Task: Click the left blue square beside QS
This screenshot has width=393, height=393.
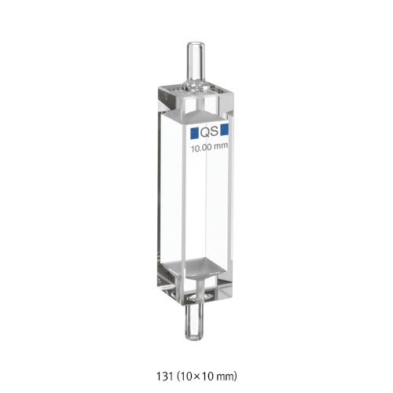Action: [194, 133]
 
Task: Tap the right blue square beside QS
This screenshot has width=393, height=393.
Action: [225, 130]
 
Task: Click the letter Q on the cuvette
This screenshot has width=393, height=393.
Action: [204, 132]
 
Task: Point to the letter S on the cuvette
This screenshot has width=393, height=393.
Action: [214, 132]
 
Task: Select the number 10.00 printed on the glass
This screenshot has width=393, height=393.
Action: [201, 149]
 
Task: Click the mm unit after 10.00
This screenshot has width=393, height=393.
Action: [221, 146]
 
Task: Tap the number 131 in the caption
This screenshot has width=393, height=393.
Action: [164, 376]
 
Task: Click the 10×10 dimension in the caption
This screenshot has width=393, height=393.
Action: [200, 376]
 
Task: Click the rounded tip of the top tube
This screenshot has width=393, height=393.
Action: [195, 44]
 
